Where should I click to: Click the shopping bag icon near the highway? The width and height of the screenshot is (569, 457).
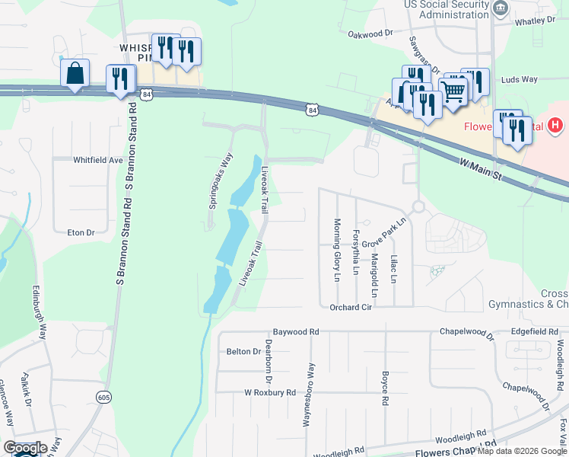(75, 74)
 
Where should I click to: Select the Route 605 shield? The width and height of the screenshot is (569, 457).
(104, 397)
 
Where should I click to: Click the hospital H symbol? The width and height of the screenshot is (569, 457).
(556, 124)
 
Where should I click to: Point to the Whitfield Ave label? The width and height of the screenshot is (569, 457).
(98, 161)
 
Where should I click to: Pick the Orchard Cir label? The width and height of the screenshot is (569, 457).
(351, 308)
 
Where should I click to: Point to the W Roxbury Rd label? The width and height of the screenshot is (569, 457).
(269, 392)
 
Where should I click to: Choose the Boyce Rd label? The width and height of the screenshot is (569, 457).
(386, 388)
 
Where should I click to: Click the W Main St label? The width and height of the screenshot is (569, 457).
(482, 168)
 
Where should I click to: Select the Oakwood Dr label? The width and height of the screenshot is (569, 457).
(370, 34)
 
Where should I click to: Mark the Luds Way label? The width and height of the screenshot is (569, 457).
(520, 79)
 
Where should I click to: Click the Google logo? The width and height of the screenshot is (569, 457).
(24, 448)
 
